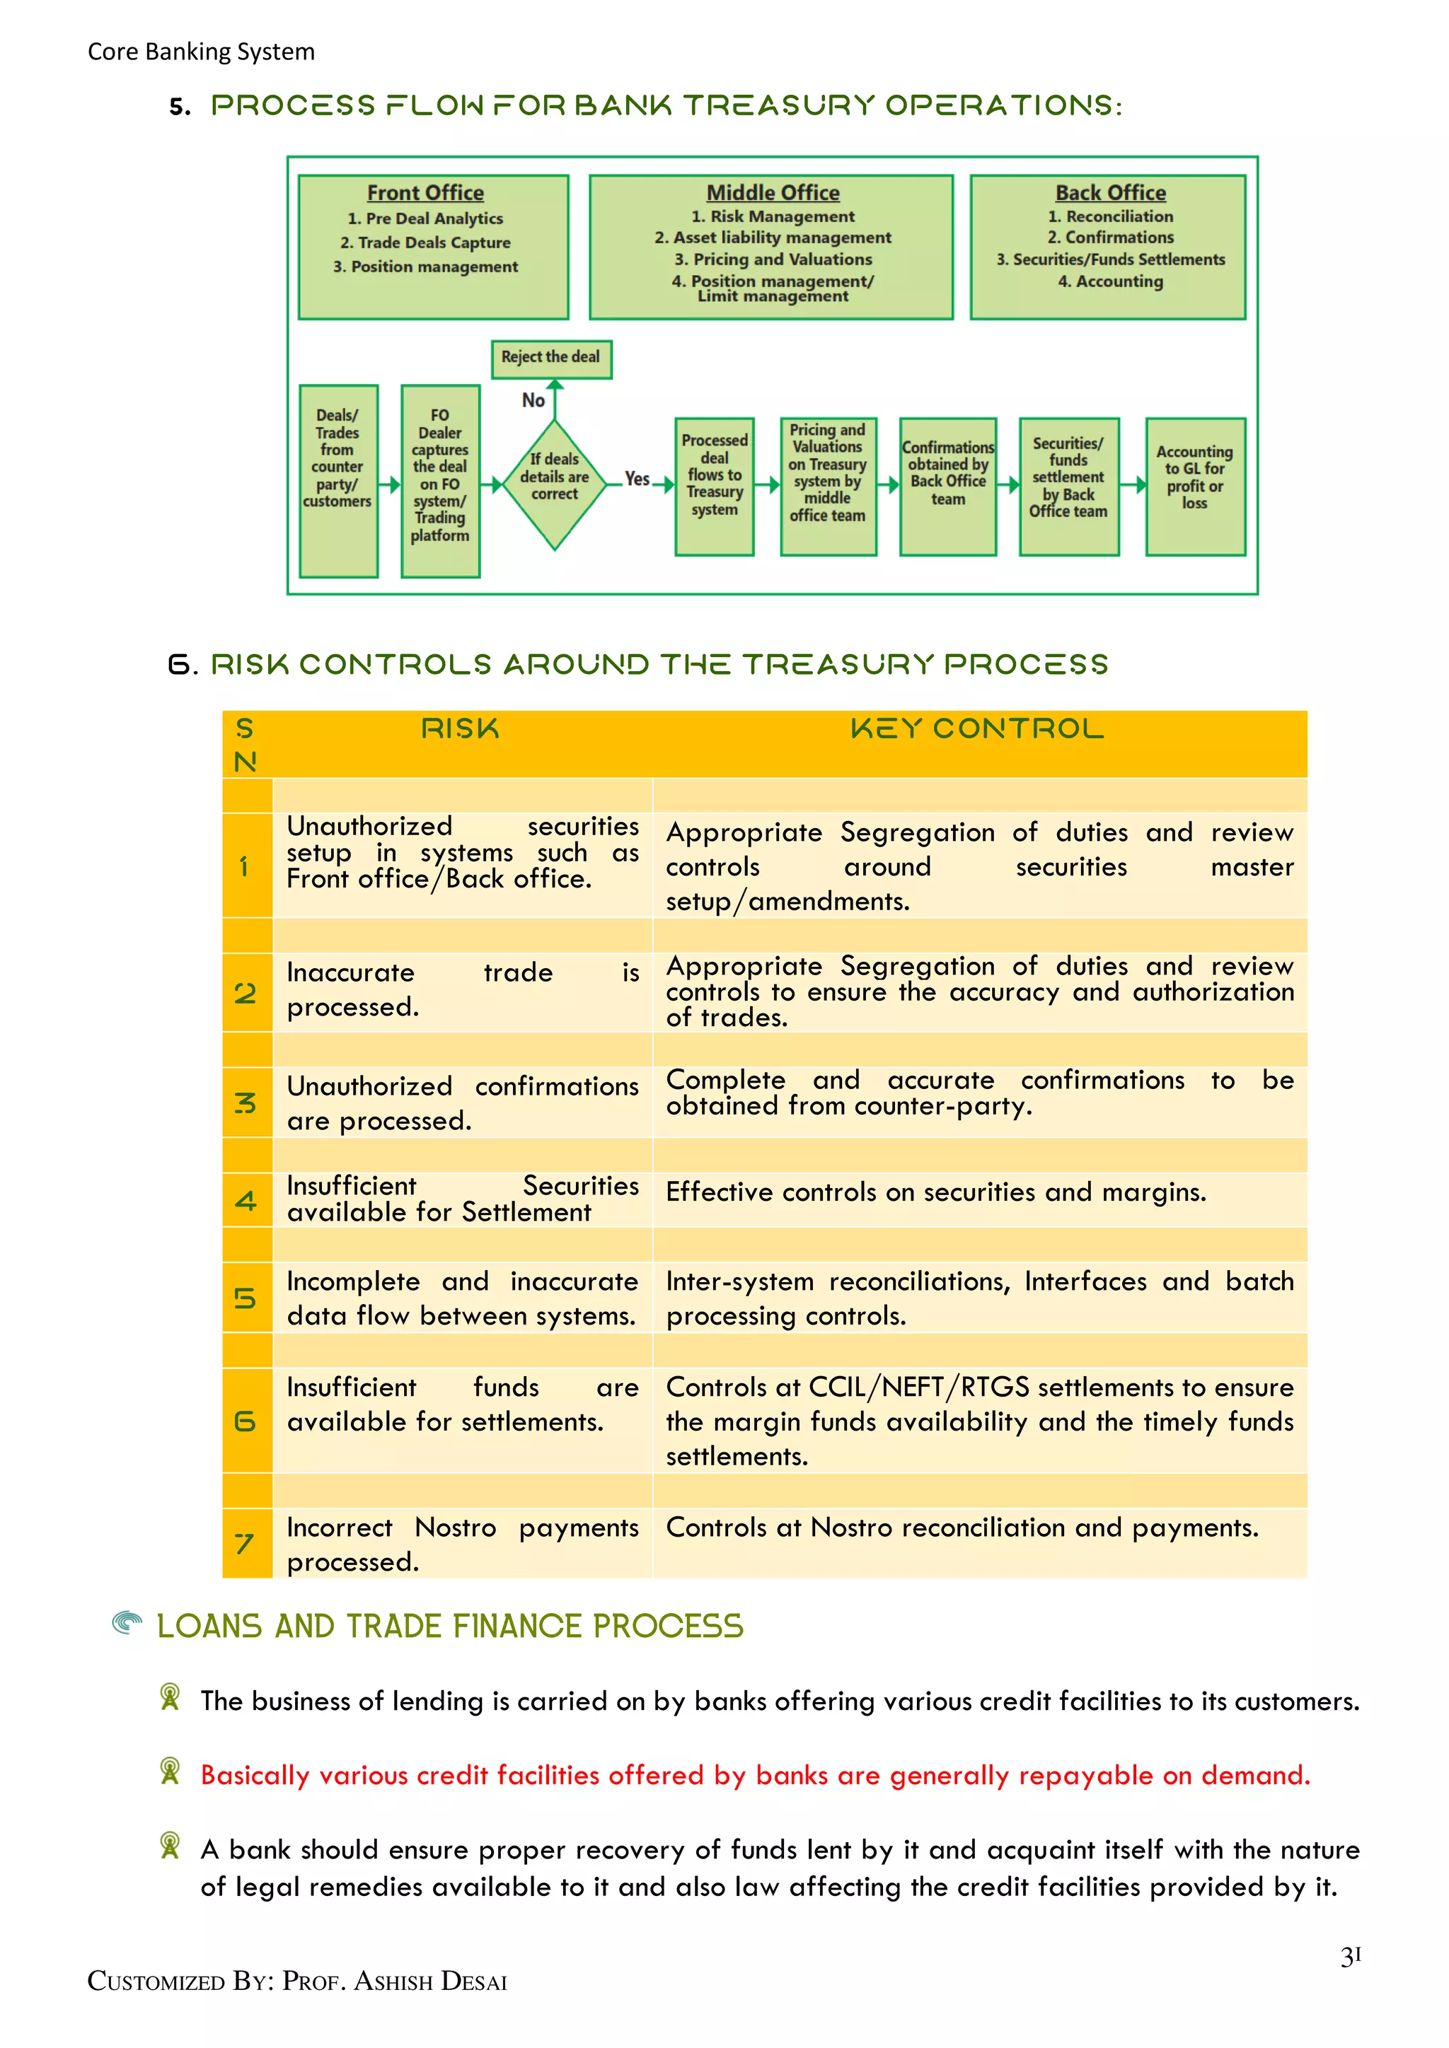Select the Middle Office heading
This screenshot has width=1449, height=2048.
click(x=773, y=192)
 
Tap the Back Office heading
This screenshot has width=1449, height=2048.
click(x=1110, y=192)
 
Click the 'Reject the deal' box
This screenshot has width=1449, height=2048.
click(x=550, y=358)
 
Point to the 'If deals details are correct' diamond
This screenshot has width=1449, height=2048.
click(x=554, y=484)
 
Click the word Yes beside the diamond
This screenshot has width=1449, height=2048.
click(x=637, y=479)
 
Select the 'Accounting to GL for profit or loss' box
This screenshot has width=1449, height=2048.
click(x=1195, y=486)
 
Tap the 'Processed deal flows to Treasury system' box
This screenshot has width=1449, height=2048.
click(x=714, y=486)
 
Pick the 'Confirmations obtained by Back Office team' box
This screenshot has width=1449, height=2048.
click(x=947, y=486)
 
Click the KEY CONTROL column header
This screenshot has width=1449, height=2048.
click(x=977, y=730)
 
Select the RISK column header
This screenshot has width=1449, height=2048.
click(x=461, y=730)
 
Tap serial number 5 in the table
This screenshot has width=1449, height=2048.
click(x=246, y=1298)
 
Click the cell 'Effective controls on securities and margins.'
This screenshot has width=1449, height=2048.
click(x=935, y=1192)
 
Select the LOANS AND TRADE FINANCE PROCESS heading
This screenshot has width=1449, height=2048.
click(x=450, y=1626)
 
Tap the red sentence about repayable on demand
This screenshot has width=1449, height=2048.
click(x=755, y=1775)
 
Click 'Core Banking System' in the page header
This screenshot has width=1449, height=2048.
click(x=201, y=52)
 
